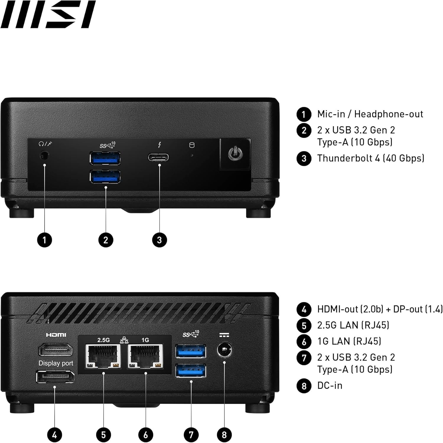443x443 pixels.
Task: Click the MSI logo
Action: point(48,14)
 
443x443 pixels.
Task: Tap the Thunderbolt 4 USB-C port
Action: point(159,157)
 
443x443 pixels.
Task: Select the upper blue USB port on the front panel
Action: point(105,158)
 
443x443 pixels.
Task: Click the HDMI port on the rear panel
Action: point(56,350)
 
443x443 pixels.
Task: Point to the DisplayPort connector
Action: point(55,377)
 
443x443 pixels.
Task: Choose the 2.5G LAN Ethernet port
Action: point(103,356)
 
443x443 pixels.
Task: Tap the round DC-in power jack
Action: point(224,351)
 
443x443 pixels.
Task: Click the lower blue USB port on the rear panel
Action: point(191,371)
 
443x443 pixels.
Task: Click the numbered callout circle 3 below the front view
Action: point(159,240)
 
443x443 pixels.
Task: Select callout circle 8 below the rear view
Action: point(224,434)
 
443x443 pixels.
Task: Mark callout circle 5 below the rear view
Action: point(103,434)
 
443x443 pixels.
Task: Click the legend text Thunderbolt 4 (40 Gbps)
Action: point(371,158)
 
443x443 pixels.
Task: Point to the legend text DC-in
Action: point(330,385)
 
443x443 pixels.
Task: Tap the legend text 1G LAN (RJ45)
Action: point(349,341)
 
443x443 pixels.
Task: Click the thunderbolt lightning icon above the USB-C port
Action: point(159,145)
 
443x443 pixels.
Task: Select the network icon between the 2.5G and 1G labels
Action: point(124,340)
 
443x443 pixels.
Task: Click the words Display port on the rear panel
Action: point(56,363)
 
